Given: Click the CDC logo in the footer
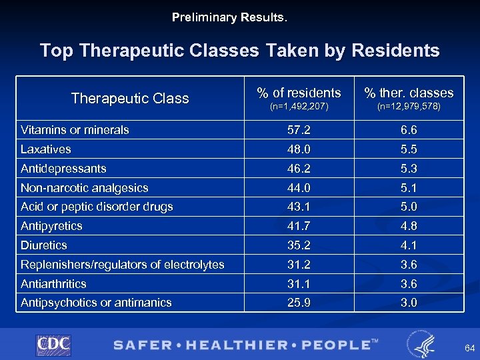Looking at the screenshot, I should pos(53,345).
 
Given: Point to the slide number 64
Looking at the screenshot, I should pos(469,348).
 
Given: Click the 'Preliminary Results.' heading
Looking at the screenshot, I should pos(229,17).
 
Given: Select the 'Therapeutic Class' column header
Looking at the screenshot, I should pos(130,99).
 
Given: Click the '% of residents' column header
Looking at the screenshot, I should pos(299,93).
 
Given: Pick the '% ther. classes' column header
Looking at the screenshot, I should pos(408,93).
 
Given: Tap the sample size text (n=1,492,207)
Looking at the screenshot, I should pos(299,106).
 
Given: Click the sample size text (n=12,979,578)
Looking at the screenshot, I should pos(408,106).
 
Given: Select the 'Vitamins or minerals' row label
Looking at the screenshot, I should pos(75,130).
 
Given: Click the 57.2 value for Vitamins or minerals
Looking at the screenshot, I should pos(299,130).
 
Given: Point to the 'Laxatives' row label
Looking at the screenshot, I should pos(45,149).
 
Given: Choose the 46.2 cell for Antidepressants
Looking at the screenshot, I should pos(299,169).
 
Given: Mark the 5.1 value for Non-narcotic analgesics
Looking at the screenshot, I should pos(408,188).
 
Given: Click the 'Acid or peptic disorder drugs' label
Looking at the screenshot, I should pos(97,207).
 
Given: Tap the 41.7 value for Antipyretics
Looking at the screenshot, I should pos(299,226).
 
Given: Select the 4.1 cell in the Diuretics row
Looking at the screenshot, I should pos(408,245).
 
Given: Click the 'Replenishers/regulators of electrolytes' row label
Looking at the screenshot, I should pos(122,265).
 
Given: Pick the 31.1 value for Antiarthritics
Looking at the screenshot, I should pos(299,283).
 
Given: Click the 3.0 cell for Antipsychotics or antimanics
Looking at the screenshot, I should pos(408,303).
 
